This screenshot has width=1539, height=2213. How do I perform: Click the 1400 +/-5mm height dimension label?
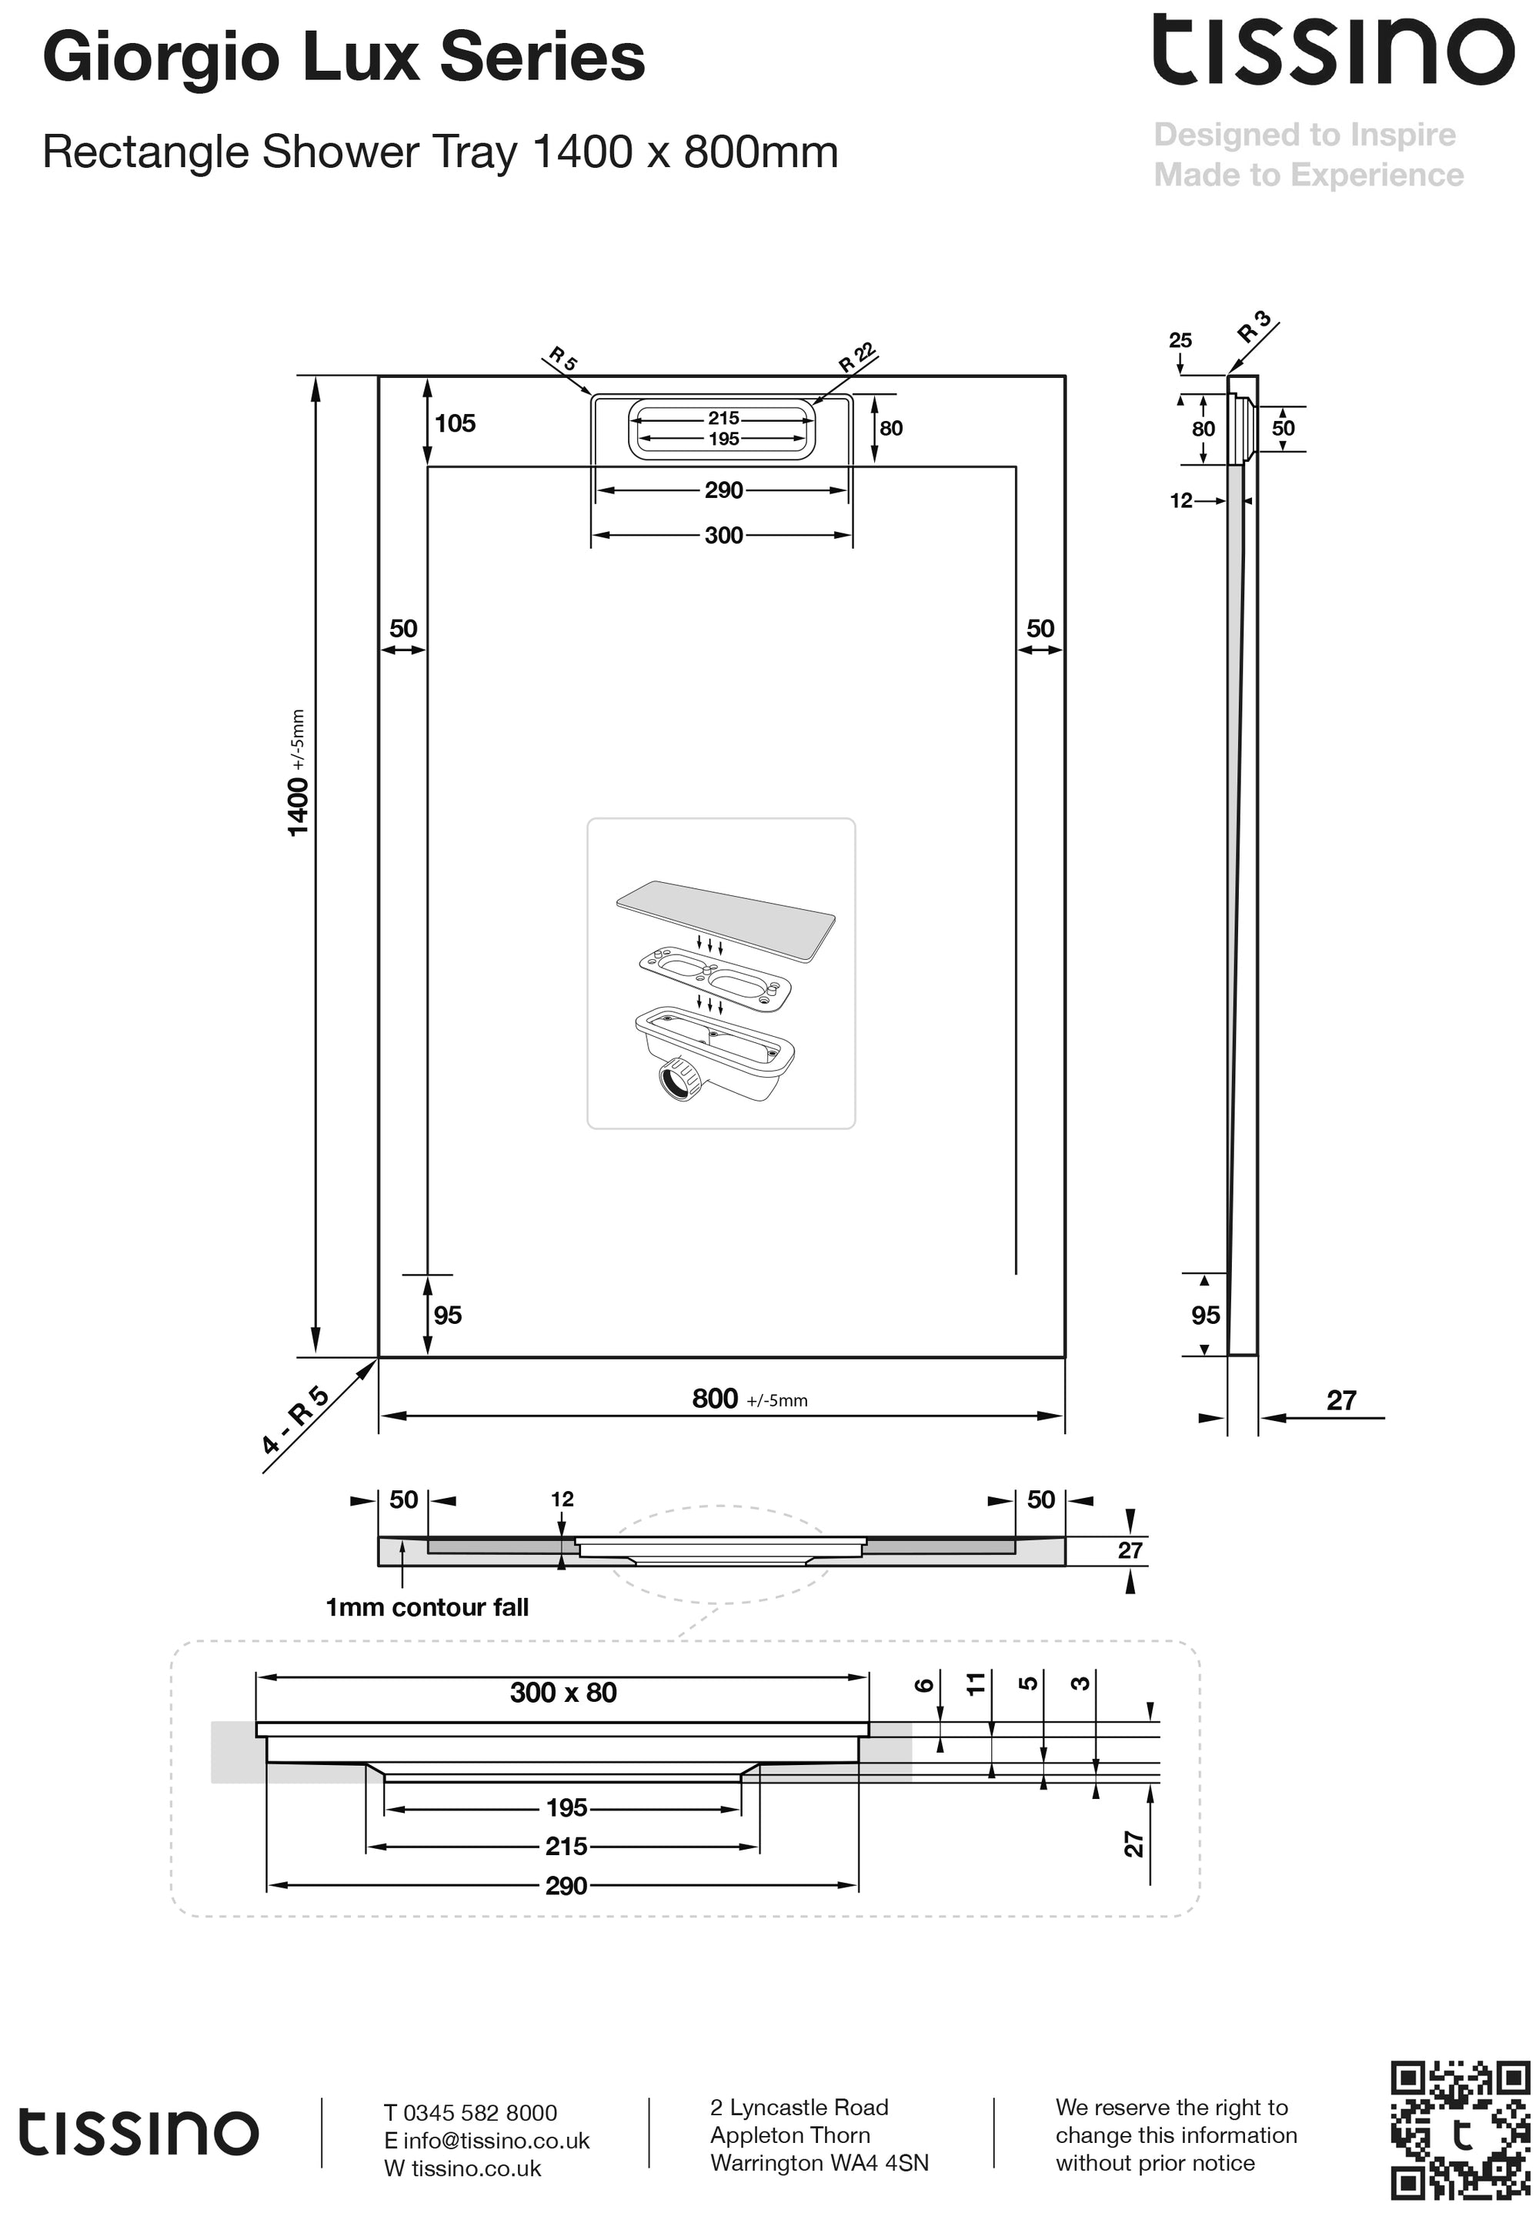pos(298,773)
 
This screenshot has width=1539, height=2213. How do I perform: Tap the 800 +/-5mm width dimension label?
pos(749,1399)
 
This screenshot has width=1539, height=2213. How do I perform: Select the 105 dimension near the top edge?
pos(455,423)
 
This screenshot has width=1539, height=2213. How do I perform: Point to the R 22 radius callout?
pos(856,358)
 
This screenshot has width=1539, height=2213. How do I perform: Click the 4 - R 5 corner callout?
pos(295,1419)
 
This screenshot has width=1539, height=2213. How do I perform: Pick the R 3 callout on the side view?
pos(1255,328)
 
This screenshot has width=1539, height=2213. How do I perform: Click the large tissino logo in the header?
pos(1334,51)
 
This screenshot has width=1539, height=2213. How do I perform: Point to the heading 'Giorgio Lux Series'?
pos(344,58)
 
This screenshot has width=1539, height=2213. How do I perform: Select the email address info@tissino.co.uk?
pos(496,2140)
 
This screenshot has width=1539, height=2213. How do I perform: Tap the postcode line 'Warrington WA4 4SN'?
pos(819,2163)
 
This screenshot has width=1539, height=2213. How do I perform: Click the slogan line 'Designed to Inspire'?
pos(1305,135)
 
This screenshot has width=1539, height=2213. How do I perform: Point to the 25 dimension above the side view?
pos(1180,340)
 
